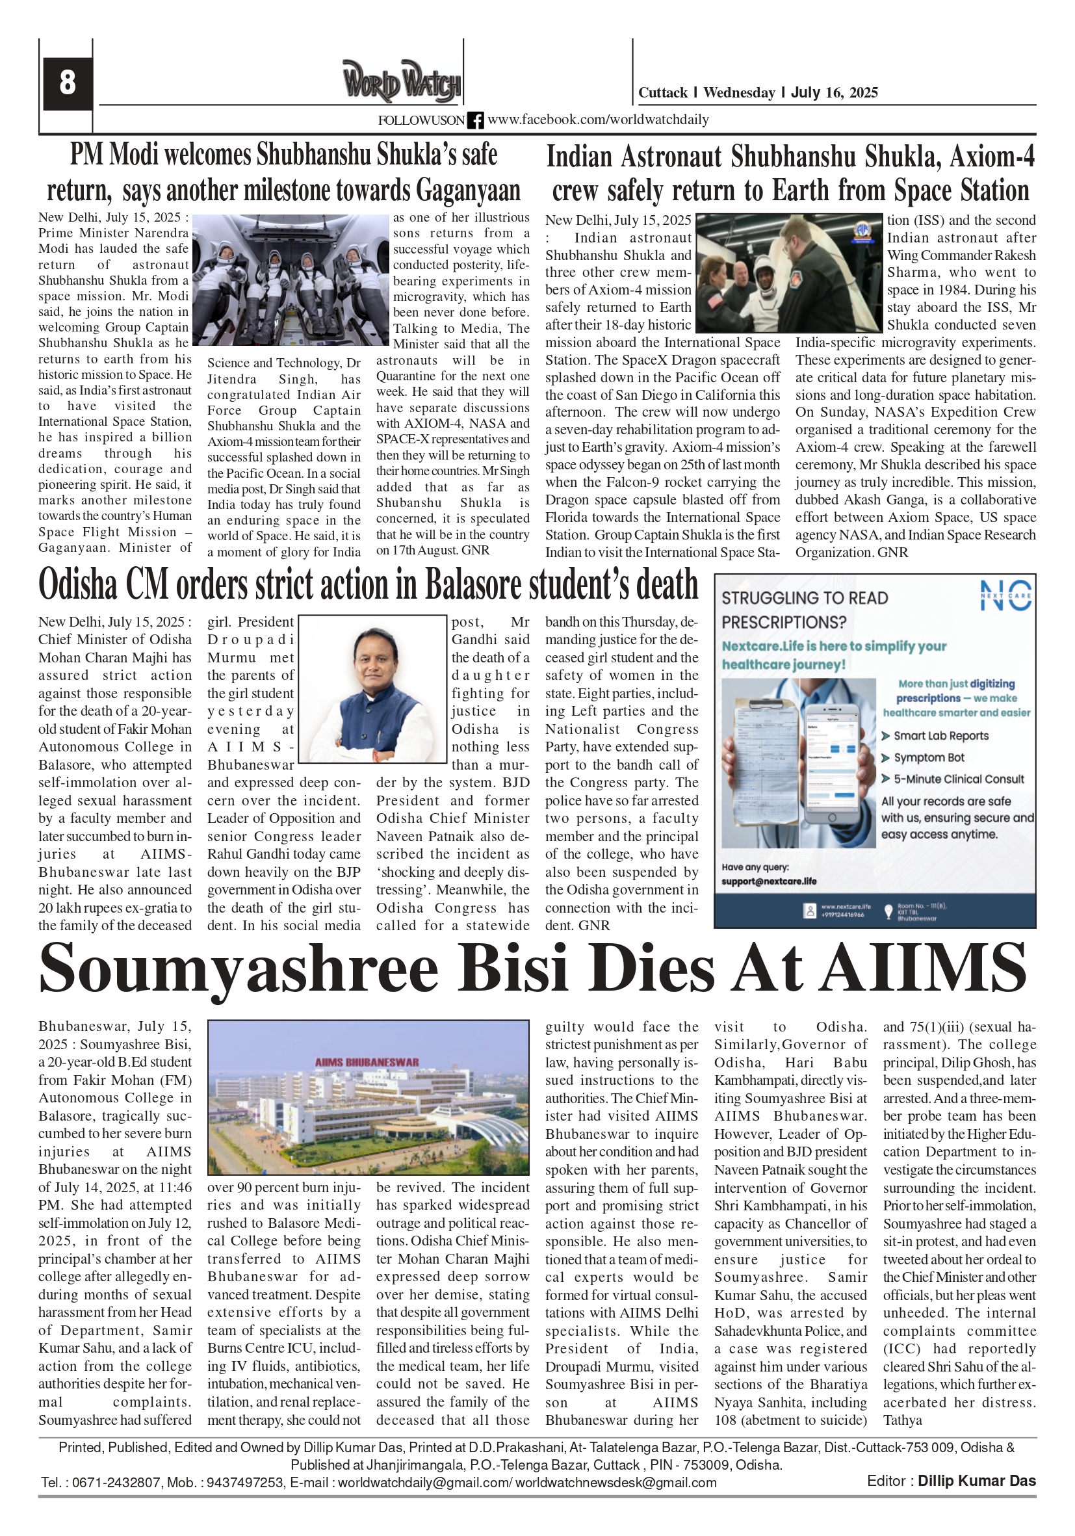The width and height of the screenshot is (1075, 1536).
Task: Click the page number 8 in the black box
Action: click(67, 84)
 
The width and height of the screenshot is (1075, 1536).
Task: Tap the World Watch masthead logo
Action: click(402, 81)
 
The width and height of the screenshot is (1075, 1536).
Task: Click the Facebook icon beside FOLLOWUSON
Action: click(475, 120)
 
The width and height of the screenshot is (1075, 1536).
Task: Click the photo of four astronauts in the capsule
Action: click(291, 280)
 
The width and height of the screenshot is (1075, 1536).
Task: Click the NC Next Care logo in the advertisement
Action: click(1005, 595)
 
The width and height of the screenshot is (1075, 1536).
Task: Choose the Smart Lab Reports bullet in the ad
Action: click(940, 736)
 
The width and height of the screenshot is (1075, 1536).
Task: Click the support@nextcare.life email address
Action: click(769, 881)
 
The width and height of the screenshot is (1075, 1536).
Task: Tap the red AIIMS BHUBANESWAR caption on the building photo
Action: click(367, 1061)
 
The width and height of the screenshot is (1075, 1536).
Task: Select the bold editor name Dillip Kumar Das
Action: click(976, 1481)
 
